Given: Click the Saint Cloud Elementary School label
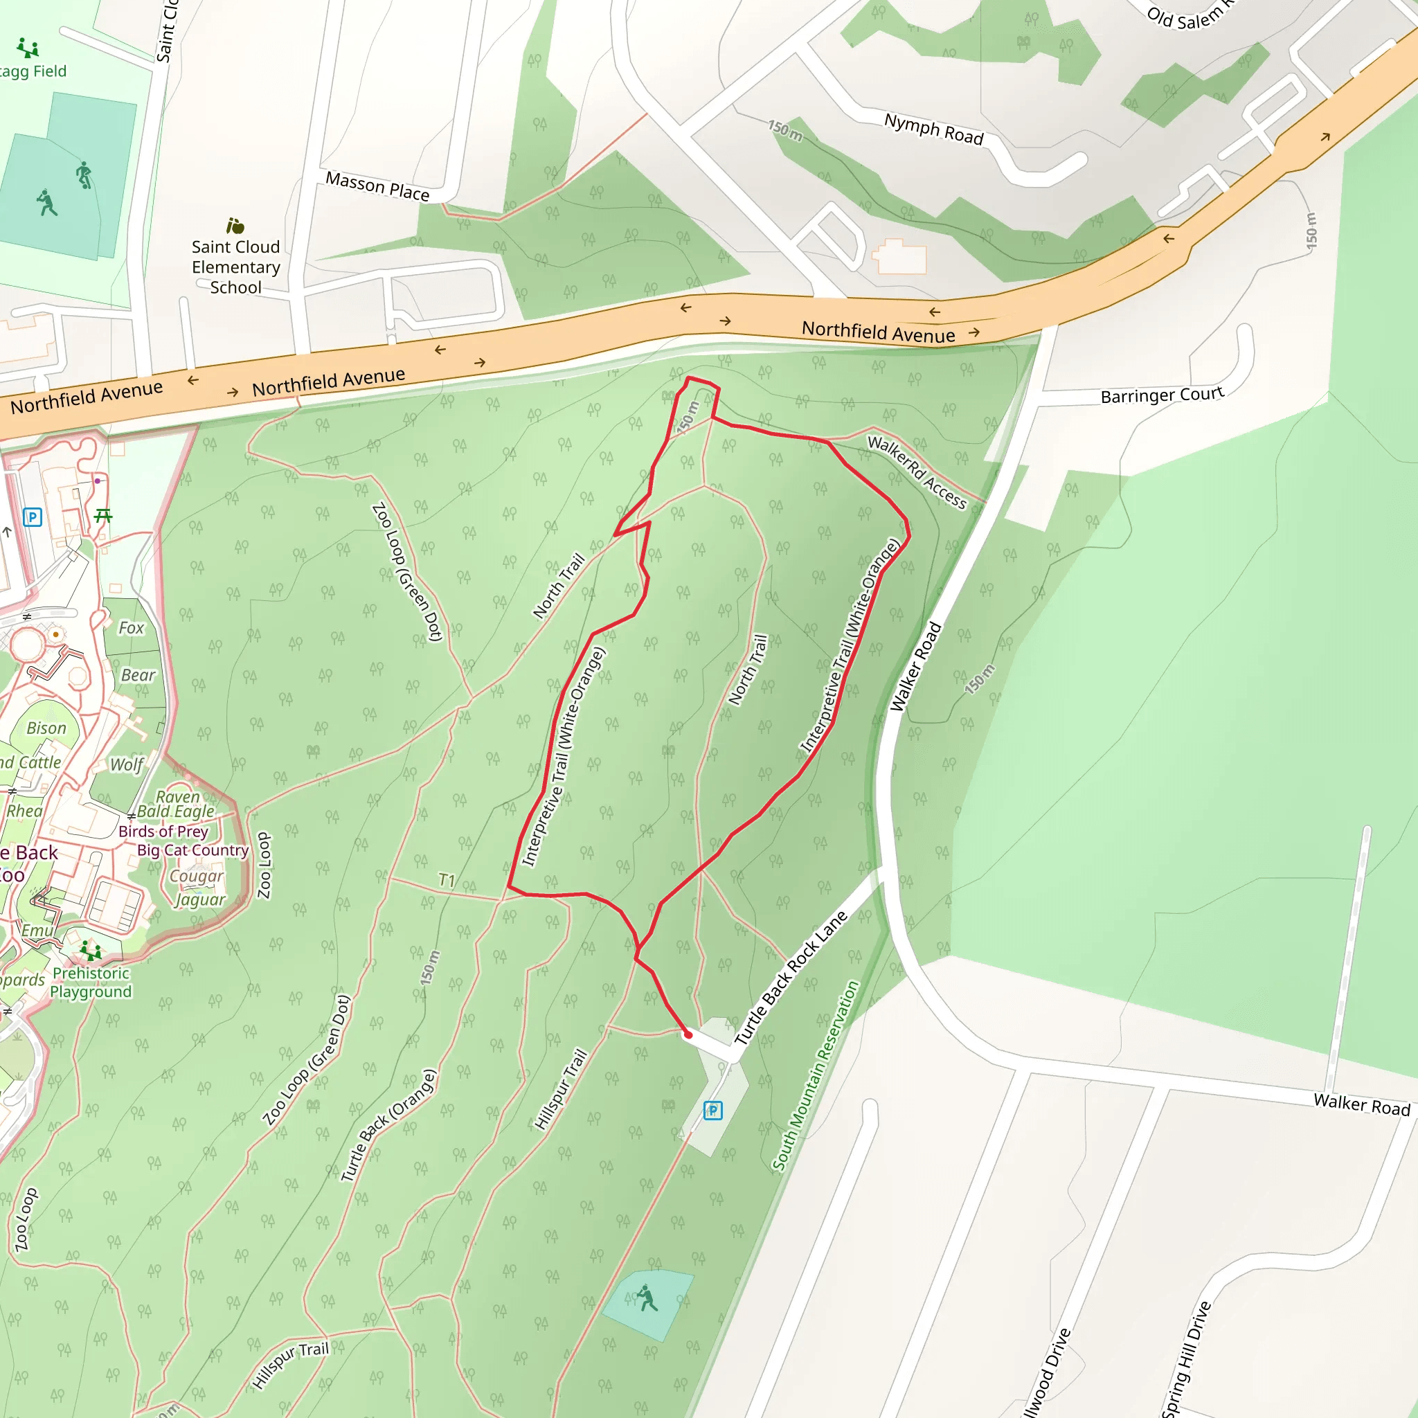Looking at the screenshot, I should [x=235, y=267].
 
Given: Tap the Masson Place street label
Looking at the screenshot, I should [x=377, y=186].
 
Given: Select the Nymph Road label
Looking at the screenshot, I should [x=933, y=129].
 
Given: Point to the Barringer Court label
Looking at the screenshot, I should [x=1162, y=395].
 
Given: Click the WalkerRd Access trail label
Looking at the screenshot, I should [x=917, y=472].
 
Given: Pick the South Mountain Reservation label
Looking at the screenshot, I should [x=815, y=1075].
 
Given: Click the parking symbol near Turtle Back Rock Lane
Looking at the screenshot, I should [x=712, y=1111].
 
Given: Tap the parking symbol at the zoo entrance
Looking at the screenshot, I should [x=33, y=517].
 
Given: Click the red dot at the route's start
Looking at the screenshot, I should [x=688, y=1035].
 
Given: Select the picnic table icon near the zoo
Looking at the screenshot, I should [x=103, y=516].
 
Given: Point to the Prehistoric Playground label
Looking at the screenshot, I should [x=91, y=982].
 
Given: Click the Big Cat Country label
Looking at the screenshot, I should [x=193, y=850].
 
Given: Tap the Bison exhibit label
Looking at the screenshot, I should [x=46, y=728].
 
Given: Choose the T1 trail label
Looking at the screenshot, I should [x=447, y=880].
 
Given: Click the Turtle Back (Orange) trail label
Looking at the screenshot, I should [x=388, y=1125].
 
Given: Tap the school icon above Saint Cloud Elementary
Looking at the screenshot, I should [x=235, y=225].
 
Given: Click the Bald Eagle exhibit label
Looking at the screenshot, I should [x=176, y=811].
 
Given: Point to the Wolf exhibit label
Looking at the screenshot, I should [x=126, y=765].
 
